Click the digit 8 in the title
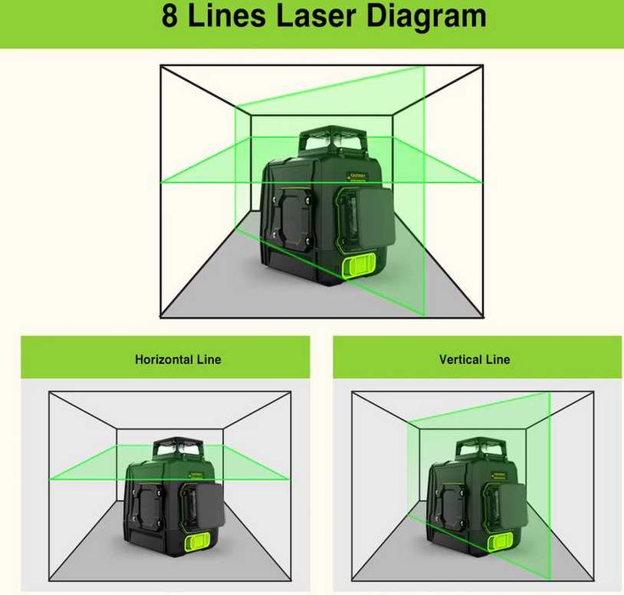170,16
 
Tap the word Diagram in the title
426,18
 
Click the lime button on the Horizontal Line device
198,543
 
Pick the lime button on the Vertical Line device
501,542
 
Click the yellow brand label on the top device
357,176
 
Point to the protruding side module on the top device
374,218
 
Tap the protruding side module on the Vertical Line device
513,507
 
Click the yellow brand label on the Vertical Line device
500,475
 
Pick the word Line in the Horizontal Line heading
209,360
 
